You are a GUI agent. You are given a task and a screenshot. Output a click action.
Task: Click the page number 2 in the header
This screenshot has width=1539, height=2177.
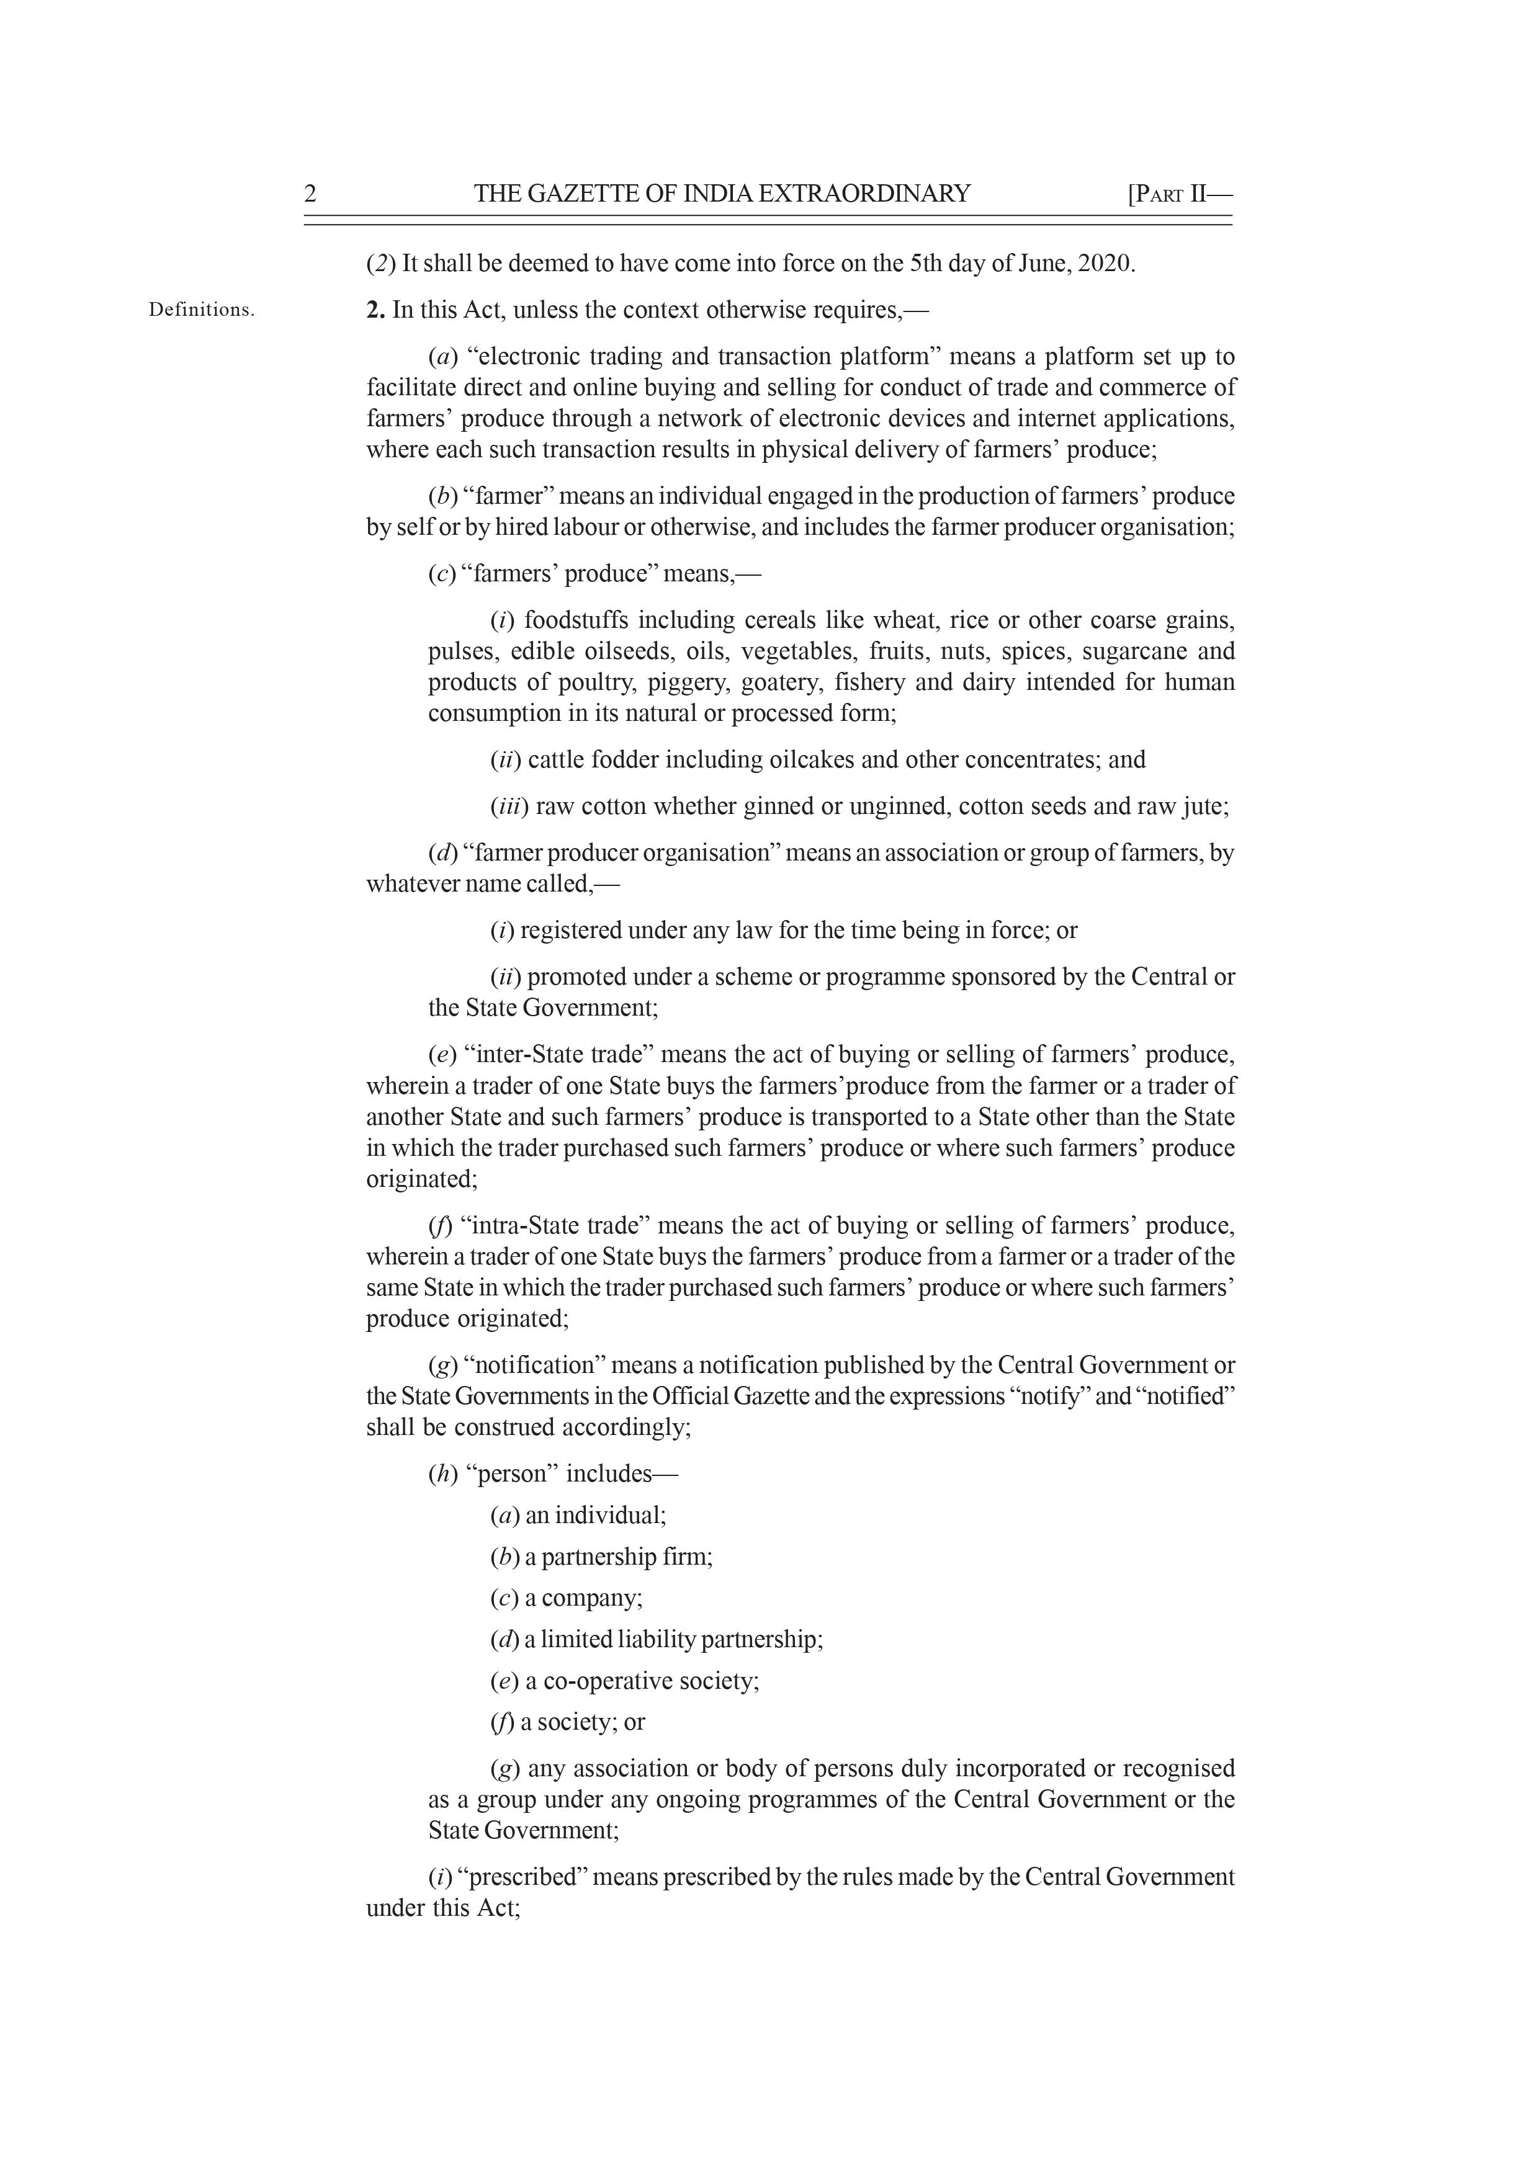310,194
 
